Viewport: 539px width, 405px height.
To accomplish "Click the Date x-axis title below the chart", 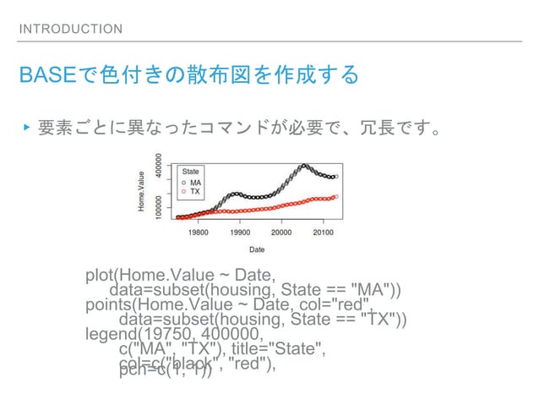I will pyautogui.click(x=256, y=249).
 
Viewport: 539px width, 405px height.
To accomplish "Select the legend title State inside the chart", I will pyautogui.click(x=192, y=171).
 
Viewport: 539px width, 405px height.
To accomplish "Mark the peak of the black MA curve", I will pyautogui.click(x=304, y=165).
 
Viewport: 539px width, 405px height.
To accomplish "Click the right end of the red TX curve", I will pyautogui.click(x=336, y=196).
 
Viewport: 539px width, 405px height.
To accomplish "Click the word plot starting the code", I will pyautogui.click(x=100, y=276).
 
